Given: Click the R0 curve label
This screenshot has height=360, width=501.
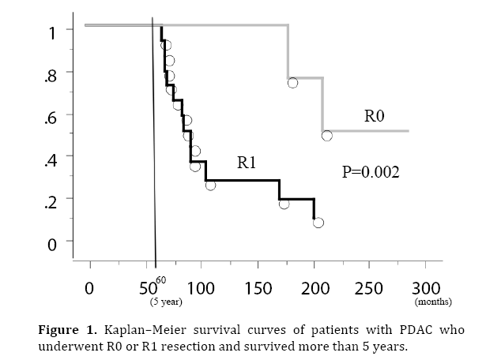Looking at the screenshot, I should tap(374, 116).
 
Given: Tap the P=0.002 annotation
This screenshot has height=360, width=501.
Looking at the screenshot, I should tap(371, 171).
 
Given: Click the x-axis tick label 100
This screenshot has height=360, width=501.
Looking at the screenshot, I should tap(201, 288).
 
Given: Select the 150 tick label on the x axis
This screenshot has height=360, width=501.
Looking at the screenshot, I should tap(258, 288).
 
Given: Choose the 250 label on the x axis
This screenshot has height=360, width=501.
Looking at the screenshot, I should tap(369, 288).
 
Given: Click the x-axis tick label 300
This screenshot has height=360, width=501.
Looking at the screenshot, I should tap(427, 288).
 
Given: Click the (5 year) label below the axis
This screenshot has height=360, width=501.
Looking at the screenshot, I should tap(166, 302).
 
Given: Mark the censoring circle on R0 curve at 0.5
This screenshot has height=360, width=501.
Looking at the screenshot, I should tap(327, 136).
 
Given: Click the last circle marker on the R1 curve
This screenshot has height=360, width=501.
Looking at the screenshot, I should tap(318, 223).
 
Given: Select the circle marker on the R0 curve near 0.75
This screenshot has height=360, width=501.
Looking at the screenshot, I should tap(293, 83).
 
